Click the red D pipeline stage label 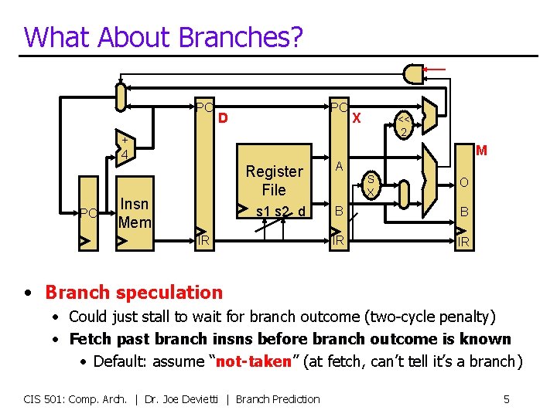point(223,118)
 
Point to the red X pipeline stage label point(357,118)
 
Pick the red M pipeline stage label point(480,151)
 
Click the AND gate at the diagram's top point(414,73)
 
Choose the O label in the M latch point(463,182)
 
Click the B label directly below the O point(463,212)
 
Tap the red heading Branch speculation point(133,292)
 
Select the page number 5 point(506,398)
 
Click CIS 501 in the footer point(44,398)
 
